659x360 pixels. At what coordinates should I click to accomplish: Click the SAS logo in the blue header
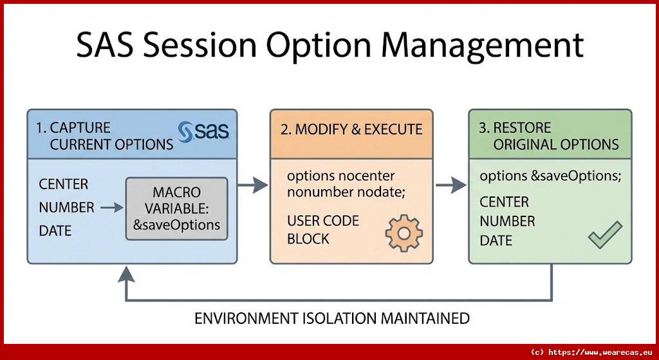click(203, 131)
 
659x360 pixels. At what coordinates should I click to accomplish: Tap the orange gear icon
click(404, 234)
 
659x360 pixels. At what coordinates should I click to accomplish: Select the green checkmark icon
click(605, 235)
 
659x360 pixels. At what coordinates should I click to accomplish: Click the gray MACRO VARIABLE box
click(177, 209)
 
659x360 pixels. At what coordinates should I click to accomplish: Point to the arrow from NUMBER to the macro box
click(111, 207)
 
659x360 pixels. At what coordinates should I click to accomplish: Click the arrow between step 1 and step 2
click(252, 185)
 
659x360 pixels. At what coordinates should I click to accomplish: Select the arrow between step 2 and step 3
click(451, 185)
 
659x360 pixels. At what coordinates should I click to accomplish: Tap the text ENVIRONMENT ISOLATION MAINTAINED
click(332, 318)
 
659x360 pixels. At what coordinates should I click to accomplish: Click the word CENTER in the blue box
click(64, 184)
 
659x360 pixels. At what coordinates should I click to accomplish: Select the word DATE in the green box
click(496, 240)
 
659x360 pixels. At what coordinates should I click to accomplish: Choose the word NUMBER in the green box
click(507, 221)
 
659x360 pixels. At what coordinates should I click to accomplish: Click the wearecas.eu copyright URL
click(591, 352)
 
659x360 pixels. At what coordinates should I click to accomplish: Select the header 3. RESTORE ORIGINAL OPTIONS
click(549, 135)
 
